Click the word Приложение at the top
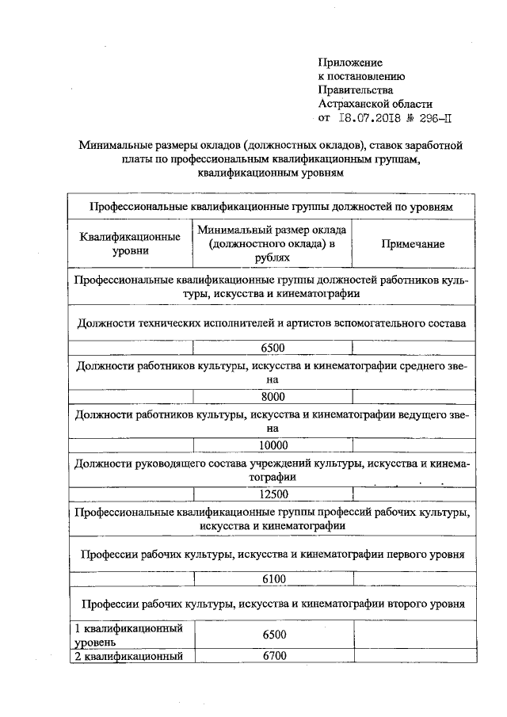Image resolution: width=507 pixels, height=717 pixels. [350, 63]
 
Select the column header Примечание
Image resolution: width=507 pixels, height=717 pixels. [413, 244]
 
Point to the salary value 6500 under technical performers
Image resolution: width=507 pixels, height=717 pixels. [273, 347]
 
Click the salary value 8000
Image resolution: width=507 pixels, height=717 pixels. [273, 396]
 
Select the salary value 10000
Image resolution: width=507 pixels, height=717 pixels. [273, 445]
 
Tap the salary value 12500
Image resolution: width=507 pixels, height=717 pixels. [273, 494]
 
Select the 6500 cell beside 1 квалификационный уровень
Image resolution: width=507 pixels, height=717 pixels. [273, 635]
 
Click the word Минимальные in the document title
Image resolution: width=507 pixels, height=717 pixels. [116, 145]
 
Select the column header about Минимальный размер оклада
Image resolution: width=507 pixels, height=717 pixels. [273, 244]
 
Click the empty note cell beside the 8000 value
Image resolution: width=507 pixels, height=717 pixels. [413, 396]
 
